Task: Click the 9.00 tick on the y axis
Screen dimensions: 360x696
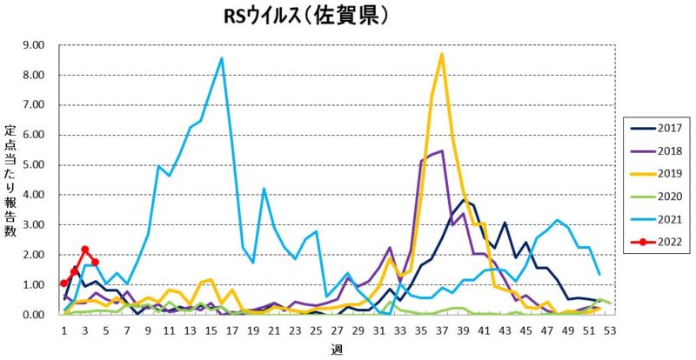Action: [33, 44]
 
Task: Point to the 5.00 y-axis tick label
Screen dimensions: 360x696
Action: [33, 164]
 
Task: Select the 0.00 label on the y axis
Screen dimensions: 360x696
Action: [33, 314]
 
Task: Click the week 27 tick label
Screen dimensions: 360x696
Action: [337, 331]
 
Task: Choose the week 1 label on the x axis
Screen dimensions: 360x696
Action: [64, 331]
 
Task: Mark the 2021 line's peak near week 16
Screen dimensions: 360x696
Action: [222, 58]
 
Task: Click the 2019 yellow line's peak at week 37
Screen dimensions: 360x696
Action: [442, 54]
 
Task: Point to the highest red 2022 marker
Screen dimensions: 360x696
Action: [85, 250]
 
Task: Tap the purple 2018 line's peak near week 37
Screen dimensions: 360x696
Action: [442, 150]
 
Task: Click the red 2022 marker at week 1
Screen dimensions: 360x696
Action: [64, 283]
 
